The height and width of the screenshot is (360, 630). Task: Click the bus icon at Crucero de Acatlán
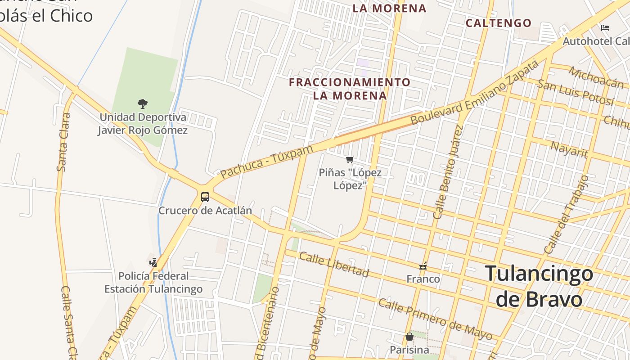pyautogui.click(x=205, y=197)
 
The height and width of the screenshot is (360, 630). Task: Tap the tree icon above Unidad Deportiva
pyautogui.click(x=143, y=104)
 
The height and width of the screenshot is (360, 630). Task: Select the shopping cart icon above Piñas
pyautogui.click(x=350, y=159)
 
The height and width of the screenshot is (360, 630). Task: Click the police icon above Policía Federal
pyautogui.click(x=153, y=262)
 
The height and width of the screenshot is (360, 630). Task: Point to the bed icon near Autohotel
pyautogui.click(x=605, y=28)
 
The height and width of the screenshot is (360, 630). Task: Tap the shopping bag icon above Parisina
pyautogui.click(x=409, y=336)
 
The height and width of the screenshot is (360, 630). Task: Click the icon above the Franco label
pyautogui.click(x=423, y=266)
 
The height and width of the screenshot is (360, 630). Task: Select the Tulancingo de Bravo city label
pyautogui.click(x=539, y=286)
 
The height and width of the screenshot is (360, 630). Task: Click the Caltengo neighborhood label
pyautogui.click(x=498, y=23)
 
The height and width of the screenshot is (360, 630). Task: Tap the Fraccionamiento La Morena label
pyautogui.click(x=350, y=89)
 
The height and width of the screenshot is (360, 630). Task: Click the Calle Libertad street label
pyautogui.click(x=334, y=264)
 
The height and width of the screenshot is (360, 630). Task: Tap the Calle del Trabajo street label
pyautogui.click(x=567, y=215)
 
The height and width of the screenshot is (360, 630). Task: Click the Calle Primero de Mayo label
pyautogui.click(x=435, y=319)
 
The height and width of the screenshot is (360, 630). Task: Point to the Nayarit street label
pyautogui.click(x=569, y=149)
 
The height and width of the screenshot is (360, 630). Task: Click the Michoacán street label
pyautogui.click(x=596, y=77)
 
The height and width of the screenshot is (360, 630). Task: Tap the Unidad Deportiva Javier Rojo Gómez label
pyautogui.click(x=143, y=124)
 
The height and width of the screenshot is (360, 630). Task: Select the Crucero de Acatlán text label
pyautogui.click(x=205, y=211)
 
